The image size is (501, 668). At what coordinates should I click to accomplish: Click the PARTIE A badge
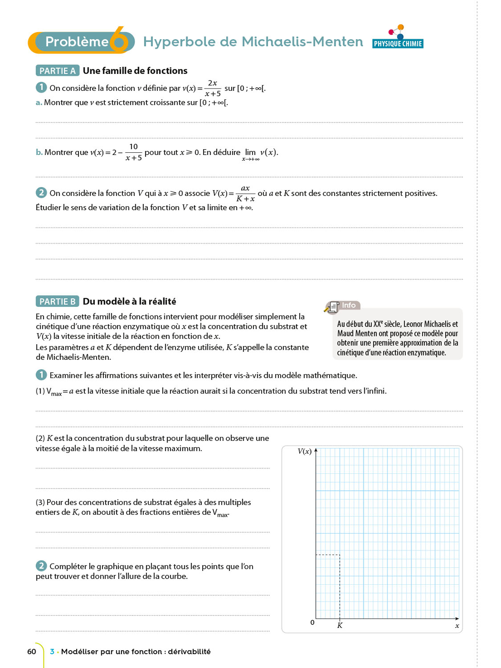(x=57, y=71)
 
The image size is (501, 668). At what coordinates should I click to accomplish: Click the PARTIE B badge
(x=57, y=301)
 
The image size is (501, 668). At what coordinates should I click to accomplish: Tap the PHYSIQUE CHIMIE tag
(x=398, y=44)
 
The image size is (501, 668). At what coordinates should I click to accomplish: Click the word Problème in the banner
(x=77, y=42)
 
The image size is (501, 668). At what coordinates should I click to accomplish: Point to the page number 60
(x=32, y=652)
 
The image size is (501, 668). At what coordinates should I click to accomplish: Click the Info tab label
(x=349, y=305)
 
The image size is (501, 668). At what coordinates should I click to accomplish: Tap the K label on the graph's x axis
(x=340, y=626)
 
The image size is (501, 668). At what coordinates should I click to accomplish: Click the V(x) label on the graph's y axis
(x=305, y=452)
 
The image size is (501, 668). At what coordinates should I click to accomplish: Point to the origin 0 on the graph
(x=312, y=623)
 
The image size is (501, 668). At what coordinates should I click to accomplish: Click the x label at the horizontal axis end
(x=457, y=626)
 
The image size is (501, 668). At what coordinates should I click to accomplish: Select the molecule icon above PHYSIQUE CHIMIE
(x=397, y=32)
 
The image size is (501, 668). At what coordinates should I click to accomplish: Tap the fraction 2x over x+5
(x=212, y=88)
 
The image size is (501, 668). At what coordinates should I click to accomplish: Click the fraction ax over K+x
(x=245, y=193)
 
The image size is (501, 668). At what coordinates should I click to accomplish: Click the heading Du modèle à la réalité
(x=129, y=301)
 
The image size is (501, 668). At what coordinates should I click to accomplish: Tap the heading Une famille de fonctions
(x=135, y=71)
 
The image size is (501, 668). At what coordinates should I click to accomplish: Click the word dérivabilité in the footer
(x=189, y=652)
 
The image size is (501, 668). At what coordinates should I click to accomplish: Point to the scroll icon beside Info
(x=332, y=307)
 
